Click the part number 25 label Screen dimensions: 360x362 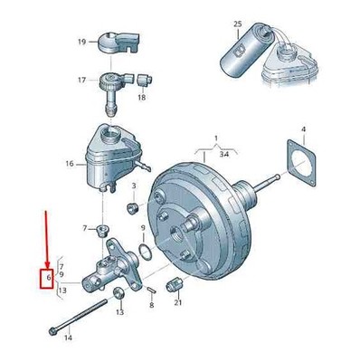(238, 24)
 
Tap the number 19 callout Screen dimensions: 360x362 (81, 42)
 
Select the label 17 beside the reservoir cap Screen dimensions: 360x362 (81, 81)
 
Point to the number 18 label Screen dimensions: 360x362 (142, 97)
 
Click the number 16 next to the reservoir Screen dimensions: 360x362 (70, 164)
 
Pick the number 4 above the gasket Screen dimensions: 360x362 (304, 129)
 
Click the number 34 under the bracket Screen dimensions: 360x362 (224, 154)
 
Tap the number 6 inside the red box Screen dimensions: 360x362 (48, 277)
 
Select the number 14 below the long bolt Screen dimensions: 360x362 (69, 338)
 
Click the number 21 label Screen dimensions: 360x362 (178, 302)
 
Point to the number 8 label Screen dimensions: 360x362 (151, 305)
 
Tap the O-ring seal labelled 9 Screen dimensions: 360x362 (146, 252)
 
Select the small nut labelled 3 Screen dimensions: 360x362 (132, 208)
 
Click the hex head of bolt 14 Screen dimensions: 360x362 (52, 331)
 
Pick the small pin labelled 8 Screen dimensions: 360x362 (151, 290)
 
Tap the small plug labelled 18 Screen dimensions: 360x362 (145, 81)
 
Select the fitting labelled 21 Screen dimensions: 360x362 (174, 284)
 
